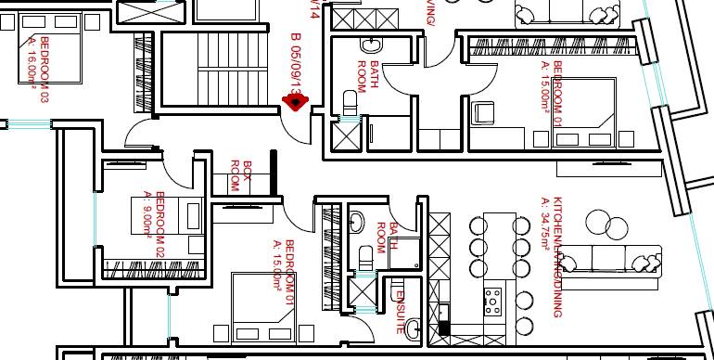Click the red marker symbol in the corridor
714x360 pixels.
(295, 101)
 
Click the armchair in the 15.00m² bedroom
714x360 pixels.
(484, 113)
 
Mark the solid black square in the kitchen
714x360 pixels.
(444, 328)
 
